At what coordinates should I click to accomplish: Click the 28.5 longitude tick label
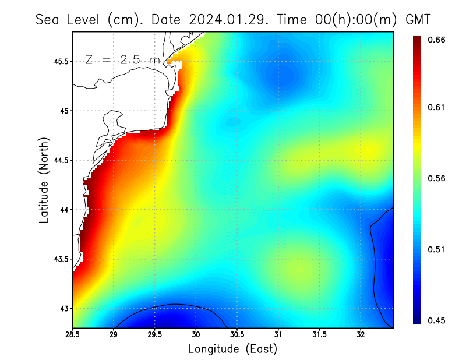72,335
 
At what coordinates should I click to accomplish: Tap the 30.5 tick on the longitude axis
237,335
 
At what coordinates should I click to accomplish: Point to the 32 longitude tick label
361,335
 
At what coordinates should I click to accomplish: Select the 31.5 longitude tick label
319,335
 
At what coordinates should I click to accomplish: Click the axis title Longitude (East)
232,349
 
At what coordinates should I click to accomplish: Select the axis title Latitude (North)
44,180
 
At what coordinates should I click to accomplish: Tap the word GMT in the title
418,19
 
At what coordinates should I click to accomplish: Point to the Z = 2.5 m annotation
122,60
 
